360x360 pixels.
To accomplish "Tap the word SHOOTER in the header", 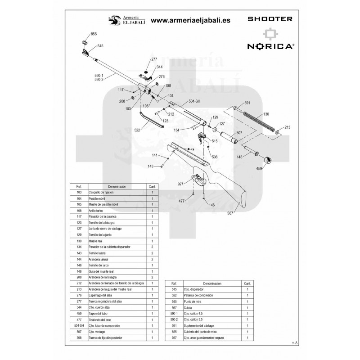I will pos(270,19).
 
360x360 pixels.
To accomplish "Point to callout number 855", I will pos(94,34).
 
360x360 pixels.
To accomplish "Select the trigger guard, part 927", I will pos(200,180).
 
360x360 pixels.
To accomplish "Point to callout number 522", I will pos(138,130).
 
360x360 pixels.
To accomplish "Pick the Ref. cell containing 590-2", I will pos(174,319).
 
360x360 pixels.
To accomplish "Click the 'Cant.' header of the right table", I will pos(247,284).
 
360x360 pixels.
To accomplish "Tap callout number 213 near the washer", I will pos(288,127).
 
